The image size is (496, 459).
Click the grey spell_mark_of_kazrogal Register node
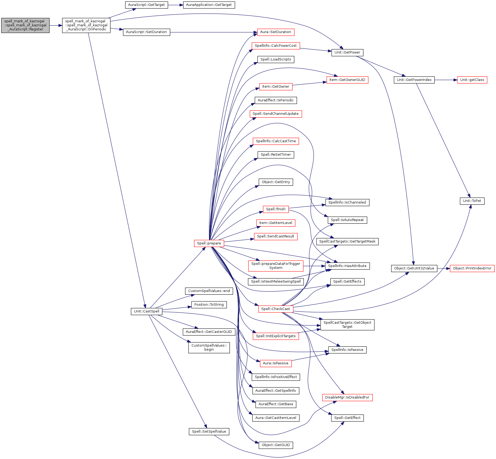(x=25, y=25)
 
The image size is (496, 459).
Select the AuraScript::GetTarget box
(x=146, y=5)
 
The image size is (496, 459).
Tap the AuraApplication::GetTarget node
(x=209, y=5)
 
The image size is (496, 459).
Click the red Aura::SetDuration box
(x=276, y=32)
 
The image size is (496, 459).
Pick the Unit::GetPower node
(x=347, y=52)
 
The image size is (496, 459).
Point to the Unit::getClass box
(x=472, y=80)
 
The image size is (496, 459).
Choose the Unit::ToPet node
(x=472, y=201)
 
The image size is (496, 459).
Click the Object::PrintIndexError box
(x=472, y=268)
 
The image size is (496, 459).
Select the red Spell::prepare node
(x=209, y=243)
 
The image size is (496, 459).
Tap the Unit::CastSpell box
(x=146, y=311)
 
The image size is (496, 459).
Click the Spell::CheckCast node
(x=276, y=309)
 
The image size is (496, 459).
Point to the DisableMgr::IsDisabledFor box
(x=347, y=397)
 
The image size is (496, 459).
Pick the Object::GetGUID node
(x=276, y=445)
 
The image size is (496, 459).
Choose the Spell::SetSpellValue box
(x=209, y=432)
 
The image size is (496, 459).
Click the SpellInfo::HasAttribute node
(x=347, y=266)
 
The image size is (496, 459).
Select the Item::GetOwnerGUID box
(x=347, y=80)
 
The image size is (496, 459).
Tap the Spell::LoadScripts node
(x=276, y=59)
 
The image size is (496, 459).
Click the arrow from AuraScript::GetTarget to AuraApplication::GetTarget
(x=175, y=5)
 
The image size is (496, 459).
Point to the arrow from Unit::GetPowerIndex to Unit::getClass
(x=446, y=80)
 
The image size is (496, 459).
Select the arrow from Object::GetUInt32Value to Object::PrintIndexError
(x=443, y=268)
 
